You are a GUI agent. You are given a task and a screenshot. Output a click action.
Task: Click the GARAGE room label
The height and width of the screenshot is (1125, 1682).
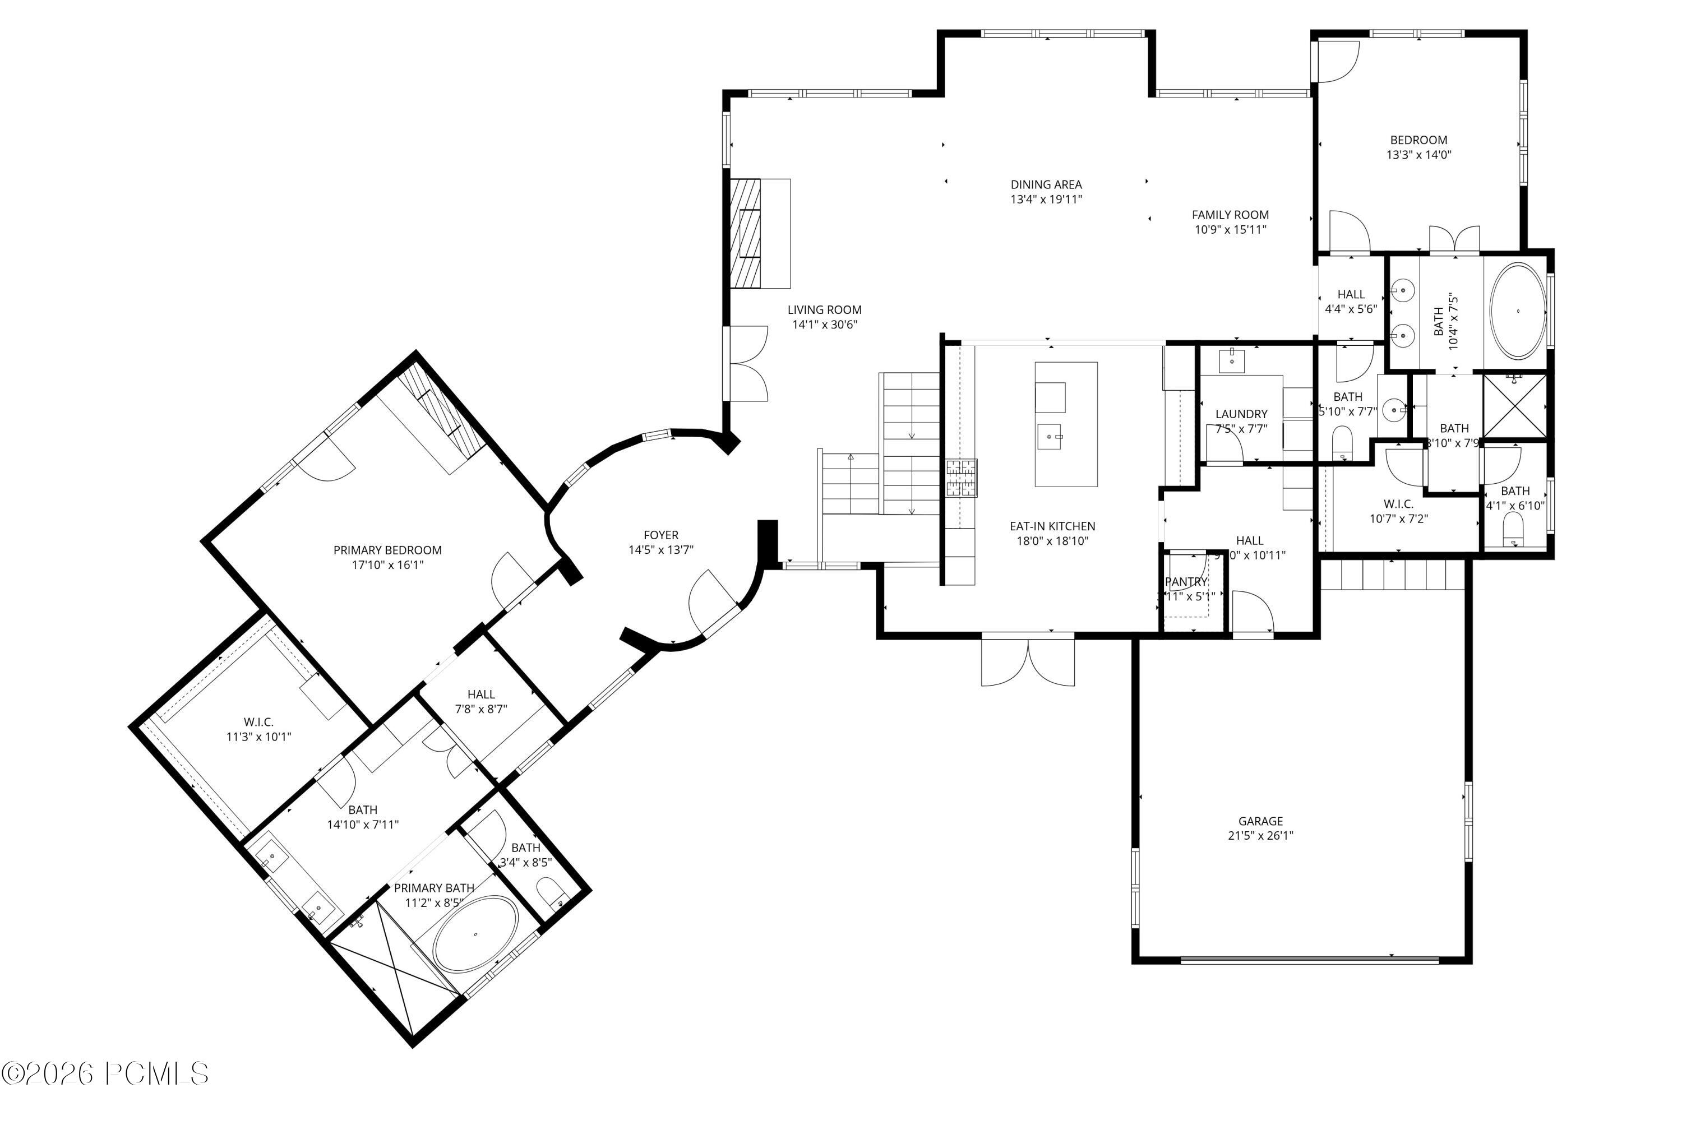tap(1260, 821)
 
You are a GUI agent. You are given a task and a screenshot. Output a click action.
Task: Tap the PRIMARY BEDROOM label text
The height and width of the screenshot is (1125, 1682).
tap(387, 550)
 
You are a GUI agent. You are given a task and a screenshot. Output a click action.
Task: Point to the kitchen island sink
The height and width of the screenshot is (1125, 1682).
tap(1049, 436)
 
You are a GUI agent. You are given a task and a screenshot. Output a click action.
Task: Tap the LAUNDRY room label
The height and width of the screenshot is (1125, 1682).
tap(1241, 414)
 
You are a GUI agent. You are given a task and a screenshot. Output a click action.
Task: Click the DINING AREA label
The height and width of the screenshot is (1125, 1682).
tap(1046, 184)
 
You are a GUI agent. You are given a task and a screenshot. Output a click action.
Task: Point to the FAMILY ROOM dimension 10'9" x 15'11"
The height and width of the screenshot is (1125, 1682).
tap(1231, 230)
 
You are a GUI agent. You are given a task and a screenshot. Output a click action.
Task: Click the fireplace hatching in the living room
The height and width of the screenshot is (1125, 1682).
tap(746, 233)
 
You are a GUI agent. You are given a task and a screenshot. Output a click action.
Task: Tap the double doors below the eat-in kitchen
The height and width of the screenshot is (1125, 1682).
tap(1028, 661)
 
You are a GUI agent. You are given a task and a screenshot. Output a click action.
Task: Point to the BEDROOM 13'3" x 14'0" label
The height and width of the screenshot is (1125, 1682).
tap(1418, 147)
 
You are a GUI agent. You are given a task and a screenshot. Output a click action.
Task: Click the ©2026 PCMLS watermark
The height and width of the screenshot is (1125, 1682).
tap(105, 1074)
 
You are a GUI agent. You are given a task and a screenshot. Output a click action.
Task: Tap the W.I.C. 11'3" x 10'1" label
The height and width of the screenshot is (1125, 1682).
tap(258, 729)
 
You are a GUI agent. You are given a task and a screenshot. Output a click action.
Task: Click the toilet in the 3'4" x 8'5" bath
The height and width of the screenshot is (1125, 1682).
tap(551, 892)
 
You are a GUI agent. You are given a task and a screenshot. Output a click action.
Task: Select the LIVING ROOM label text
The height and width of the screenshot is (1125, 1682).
tap(825, 310)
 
